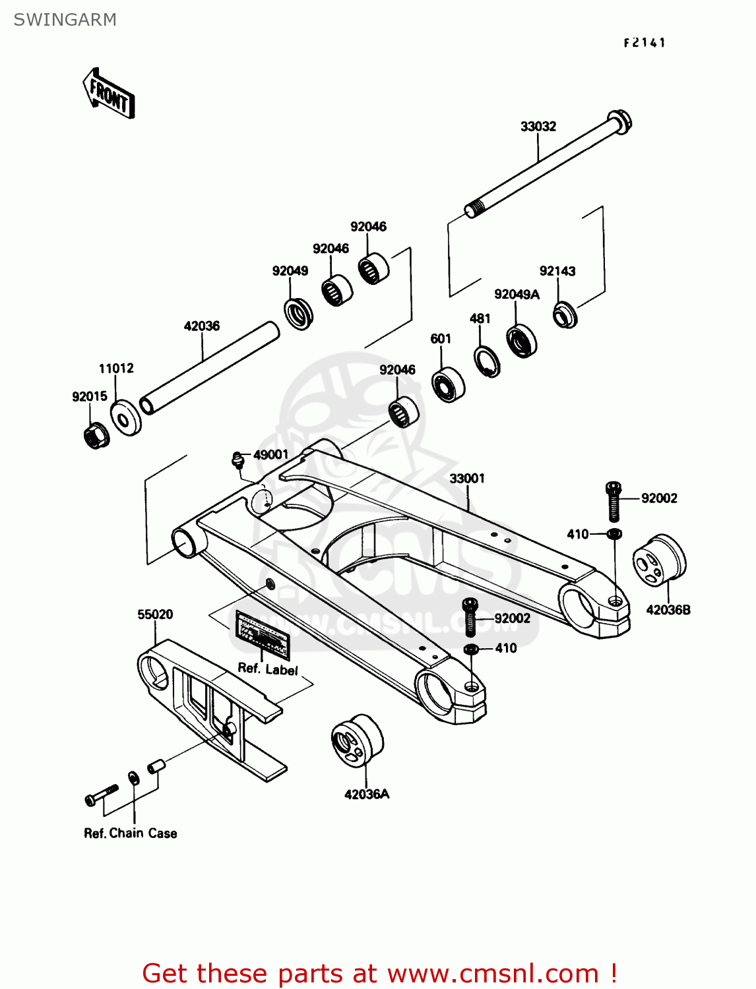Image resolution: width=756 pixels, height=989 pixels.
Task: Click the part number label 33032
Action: click(538, 127)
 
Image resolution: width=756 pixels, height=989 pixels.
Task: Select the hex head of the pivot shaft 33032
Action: click(618, 123)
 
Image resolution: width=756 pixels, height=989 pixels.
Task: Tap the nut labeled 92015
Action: click(96, 435)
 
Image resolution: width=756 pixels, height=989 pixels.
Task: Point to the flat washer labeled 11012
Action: click(125, 417)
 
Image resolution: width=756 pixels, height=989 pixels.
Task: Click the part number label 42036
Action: click(201, 326)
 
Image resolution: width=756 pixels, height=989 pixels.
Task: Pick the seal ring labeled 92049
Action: click(298, 313)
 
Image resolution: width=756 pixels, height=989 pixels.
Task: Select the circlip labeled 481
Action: click(487, 361)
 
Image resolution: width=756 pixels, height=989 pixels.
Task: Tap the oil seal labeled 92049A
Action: click(521, 340)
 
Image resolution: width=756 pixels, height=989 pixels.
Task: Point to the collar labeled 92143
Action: click(565, 315)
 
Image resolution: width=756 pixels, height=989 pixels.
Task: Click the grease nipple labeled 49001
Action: click(237, 458)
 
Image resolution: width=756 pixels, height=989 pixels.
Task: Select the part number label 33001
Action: click(467, 479)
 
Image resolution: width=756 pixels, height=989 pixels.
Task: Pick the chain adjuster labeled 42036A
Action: click(356, 740)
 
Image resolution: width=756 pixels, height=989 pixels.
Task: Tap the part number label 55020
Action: click(155, 614)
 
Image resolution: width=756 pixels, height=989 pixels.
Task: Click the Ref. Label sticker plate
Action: click(263, 634)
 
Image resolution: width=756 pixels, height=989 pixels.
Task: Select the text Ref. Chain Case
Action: click(131, 833)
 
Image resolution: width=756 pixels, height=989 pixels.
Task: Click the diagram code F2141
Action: click(645, 43)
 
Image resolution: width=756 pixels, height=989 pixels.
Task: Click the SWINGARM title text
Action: click(65, 20)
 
